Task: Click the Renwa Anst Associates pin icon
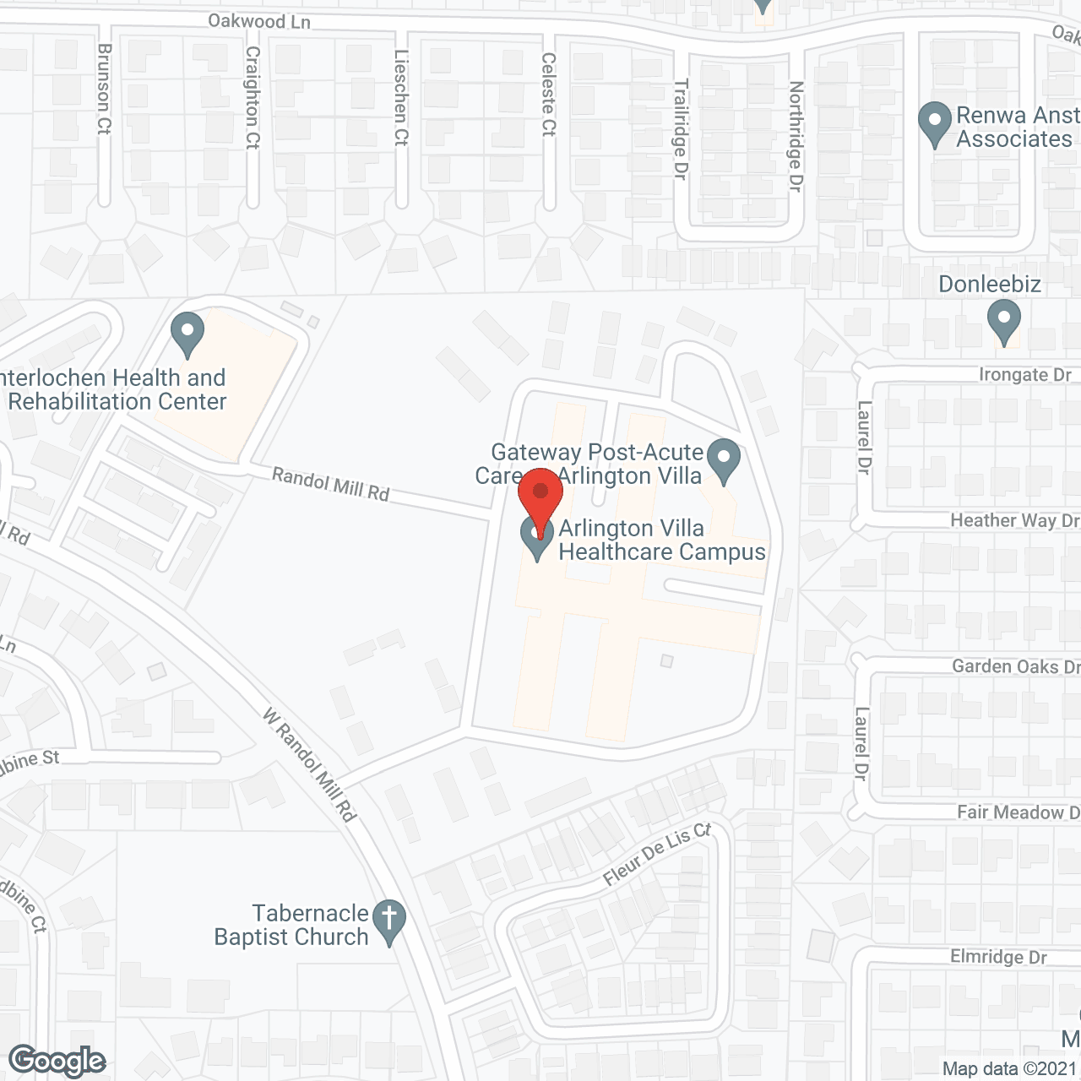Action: [x=934, y=123]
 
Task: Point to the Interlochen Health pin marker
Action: [x=187, y=334]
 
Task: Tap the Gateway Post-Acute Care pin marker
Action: [x=723, y=460]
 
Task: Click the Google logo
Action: [x=57, y=1061]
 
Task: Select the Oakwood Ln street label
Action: [x=259, y=21]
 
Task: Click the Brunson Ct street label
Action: [x=104, y=89]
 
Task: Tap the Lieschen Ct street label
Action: [x=401, y=97]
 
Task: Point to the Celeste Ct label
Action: [x=549, y=94]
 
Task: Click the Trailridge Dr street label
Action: [x=681, y=128]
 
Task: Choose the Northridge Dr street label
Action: [x=795, y=136]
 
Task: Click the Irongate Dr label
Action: [x=1024, y=374]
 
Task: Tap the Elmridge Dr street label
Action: [x=998, y=957]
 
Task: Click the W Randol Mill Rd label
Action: [x=309, y=765]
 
